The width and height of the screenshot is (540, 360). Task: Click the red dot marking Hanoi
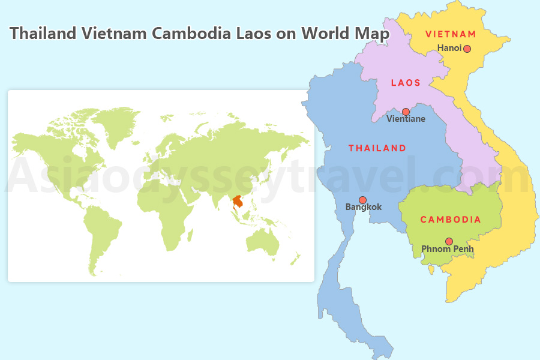tap(467, 49)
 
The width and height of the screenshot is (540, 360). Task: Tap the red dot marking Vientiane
tap(406, 112)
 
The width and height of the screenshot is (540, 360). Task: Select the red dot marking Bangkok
tap(362, 200)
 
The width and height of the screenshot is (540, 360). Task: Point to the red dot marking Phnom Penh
tap(449, 241)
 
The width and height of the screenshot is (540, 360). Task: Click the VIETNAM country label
tap(451, 34)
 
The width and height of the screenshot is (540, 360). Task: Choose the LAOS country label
tap(406, 83)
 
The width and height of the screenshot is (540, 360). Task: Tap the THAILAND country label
tap(377, 148)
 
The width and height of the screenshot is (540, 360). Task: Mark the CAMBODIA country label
tap(451, 220)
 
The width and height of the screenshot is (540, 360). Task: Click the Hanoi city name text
tap(449, 48)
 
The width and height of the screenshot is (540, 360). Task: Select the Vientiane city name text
tap(406, 119)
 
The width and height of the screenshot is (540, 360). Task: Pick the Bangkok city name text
tap(363, 208)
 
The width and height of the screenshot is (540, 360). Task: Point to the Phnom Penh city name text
tap(447, 249)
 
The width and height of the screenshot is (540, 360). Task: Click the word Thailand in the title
tap(43, 33)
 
